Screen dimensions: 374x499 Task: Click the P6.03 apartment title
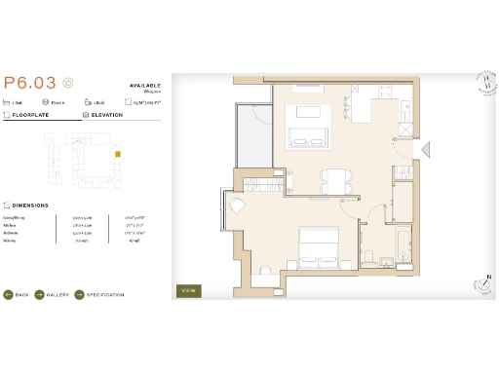pos(29,84)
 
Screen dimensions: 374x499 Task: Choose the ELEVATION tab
pos(105,115)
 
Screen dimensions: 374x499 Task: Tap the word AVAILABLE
pos(144,85)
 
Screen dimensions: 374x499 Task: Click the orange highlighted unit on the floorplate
pos(118,154)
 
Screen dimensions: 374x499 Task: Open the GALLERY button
pos(54,294)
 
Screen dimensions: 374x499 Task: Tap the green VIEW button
pos(188,290)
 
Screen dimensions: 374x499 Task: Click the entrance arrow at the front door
pos(426,148)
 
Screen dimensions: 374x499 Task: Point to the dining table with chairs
pos(335,179)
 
